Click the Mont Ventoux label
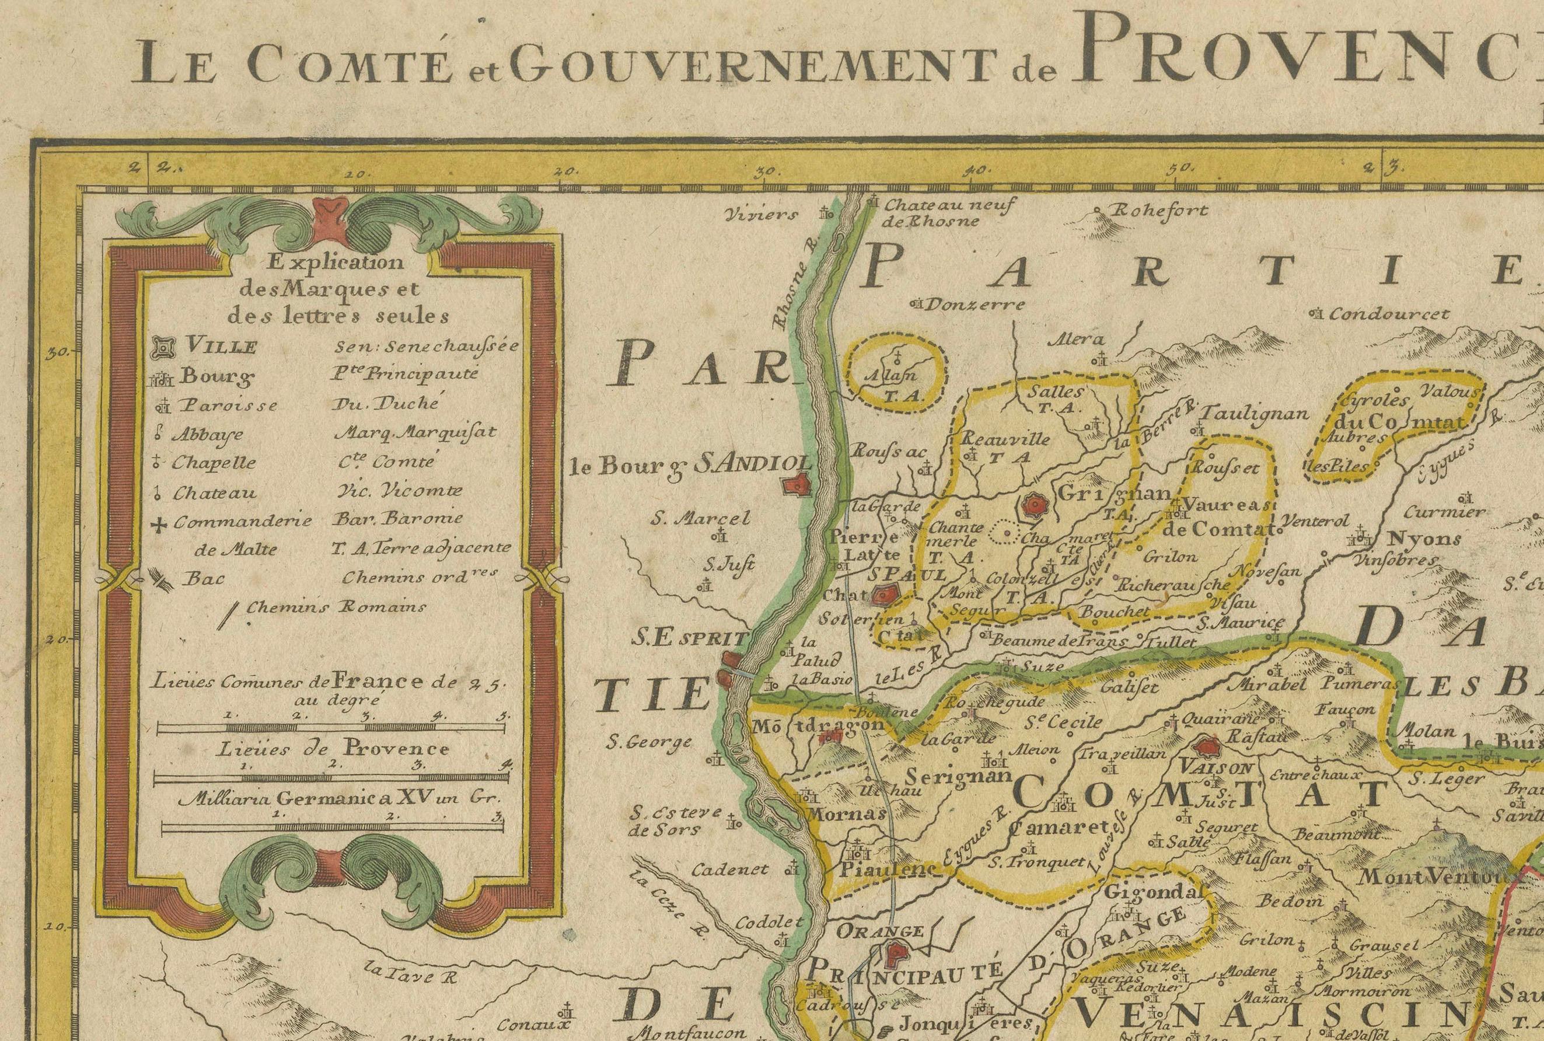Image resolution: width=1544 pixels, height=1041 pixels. click(1427, 876)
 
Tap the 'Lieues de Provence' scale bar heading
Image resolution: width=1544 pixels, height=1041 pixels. click(332, 749)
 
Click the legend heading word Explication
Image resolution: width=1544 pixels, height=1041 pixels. click(335, 262)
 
